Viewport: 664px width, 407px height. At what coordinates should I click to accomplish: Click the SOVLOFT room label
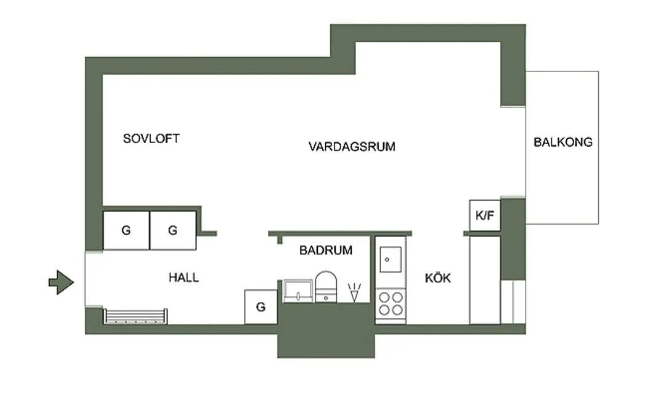[x=151, y=139]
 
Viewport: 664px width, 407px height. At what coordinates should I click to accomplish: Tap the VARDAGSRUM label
[x=352, y=147]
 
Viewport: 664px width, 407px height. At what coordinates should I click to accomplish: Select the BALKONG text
[x=563, y=142]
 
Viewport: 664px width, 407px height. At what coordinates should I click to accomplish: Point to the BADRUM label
[x=326, y=250]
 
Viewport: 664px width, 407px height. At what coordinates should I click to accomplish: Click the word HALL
[x=183, y=278]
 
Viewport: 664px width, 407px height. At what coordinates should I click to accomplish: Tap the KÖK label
[x=438, y=278]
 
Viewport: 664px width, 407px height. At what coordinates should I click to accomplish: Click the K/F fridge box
[x=485, y=216]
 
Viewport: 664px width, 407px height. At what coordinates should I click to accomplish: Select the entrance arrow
[x=61, y=283]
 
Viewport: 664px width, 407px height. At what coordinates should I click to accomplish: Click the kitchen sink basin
[x=390, y=259]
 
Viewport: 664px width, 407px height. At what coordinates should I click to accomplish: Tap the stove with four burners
[x=390, y=305]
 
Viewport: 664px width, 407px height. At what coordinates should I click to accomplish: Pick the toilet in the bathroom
[x=326, y=287]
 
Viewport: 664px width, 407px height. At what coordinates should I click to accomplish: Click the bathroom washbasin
[x=298, y=291]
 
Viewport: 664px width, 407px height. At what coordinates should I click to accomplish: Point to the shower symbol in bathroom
[x=354, y=292]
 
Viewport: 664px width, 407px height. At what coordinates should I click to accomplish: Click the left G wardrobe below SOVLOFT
[x=126, y=231]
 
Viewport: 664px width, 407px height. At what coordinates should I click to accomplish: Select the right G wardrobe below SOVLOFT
[x=173, y=231]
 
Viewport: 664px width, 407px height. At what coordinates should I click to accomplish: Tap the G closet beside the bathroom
[x=261, y=307]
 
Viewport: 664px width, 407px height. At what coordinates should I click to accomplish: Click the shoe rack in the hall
[x=135, y=316]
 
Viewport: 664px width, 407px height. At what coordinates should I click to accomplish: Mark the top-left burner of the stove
[x=384, y=297]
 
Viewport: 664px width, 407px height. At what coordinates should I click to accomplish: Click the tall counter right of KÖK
[x=485, y=280]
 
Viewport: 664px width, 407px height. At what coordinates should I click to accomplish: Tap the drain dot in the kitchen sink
[x=387, y=259]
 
